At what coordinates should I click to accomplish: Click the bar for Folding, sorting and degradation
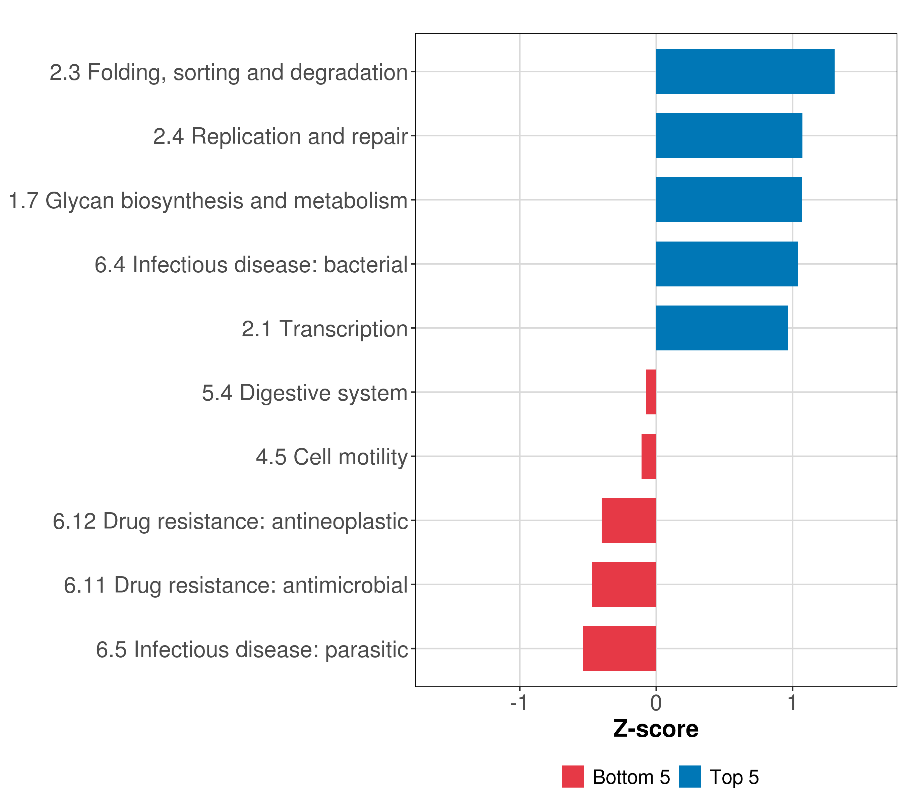[745, 72]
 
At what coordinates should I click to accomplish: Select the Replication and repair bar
[729, 136]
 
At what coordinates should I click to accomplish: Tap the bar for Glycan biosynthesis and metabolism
[728, 200]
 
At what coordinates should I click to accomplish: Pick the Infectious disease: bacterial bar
[727, 264]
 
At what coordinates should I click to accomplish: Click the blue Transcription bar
[722, 328]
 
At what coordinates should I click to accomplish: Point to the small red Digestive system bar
[651, 392]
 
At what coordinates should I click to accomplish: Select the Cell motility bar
[649, 456]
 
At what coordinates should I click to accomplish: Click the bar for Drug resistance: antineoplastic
[629, 520]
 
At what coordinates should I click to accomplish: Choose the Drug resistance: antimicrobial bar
[624, 585]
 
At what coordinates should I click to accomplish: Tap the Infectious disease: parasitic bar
[619, 649]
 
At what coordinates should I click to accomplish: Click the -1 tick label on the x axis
[519, 703]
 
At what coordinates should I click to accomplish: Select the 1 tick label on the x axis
[792, 703]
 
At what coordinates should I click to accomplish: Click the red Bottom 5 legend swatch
[572, 777]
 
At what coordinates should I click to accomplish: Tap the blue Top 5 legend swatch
[690, 777]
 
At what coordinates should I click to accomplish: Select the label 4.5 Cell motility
[331, 457]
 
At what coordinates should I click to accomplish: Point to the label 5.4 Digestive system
[305, 393]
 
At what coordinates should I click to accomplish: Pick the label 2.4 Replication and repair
[280, 137]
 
